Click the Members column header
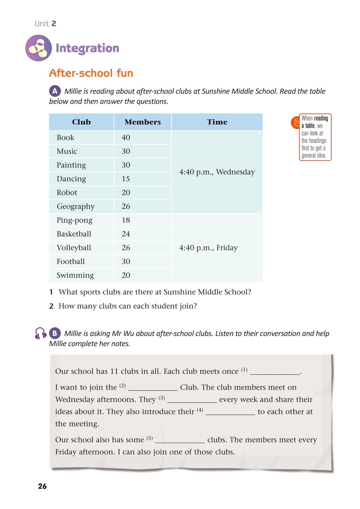click(x=142, y=122)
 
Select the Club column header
click(x=81, y=122)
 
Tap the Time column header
click(x=217, y=122)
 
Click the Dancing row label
click(x=71, y=179)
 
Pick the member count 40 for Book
click(x=126, y=137)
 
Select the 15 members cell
click(x=126, y=179)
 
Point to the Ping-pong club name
click(x=75, y=220)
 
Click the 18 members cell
click(x=126, y=220)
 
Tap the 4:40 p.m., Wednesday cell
click(x=217, y=172)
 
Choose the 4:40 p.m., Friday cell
click(x=209, y=248)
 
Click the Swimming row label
click(x=75, y=275)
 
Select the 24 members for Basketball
click(x=126, y=234)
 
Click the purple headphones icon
click(x=40, y=333)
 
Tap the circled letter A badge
click(x=55, y=91)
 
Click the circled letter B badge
click(x=55, y=333)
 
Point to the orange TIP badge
click(x=295, y=123)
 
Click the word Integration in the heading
click(x=87, y=48)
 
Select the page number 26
click(x=42, y=486)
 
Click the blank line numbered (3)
click(x=192, y=400)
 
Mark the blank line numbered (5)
click(x=180, y=441)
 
